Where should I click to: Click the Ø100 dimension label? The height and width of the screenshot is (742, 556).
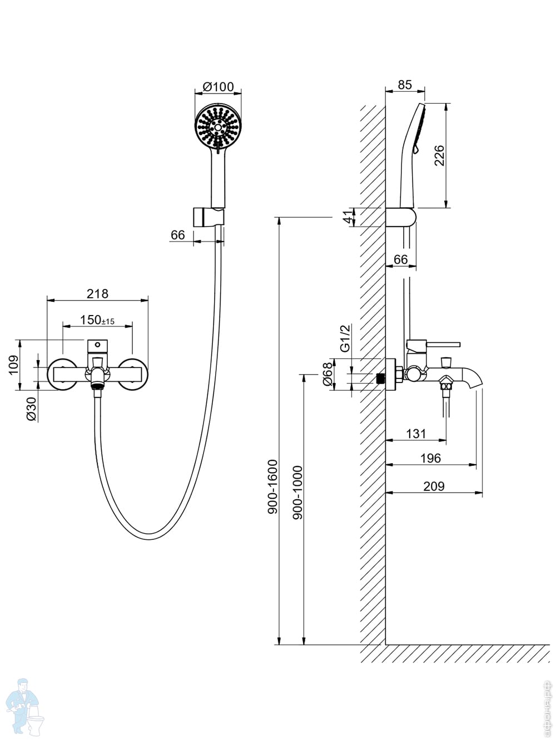point(218,86)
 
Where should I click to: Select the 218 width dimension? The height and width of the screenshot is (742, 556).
point(97,293)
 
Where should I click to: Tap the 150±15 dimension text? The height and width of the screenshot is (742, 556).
point(97,320)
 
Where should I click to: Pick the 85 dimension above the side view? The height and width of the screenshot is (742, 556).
point(405,85)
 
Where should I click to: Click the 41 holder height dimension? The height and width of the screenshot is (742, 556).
point(349,217)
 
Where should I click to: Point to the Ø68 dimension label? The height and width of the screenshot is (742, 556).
point(327,374)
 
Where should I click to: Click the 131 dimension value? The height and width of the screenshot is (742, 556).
point(416,434)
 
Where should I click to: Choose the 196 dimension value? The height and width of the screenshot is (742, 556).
point(430,458)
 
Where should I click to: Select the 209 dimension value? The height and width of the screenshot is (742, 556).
point(434,486)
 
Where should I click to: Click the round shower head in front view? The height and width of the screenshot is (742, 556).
point(219,127)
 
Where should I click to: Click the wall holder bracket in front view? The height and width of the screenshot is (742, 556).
point(209,217)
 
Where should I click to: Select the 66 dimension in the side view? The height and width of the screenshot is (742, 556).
point(400,259)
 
